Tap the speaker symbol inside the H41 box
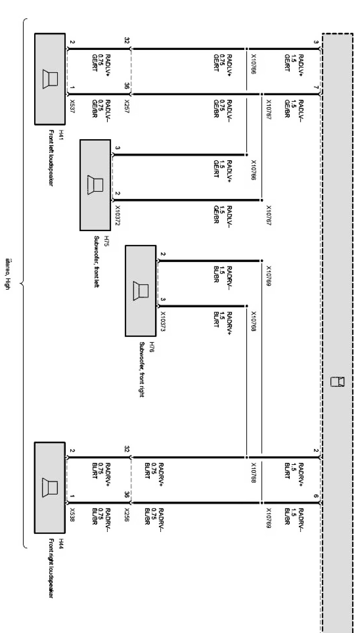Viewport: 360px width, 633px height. point(50,79)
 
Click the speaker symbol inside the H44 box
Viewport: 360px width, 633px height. point(50,487)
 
